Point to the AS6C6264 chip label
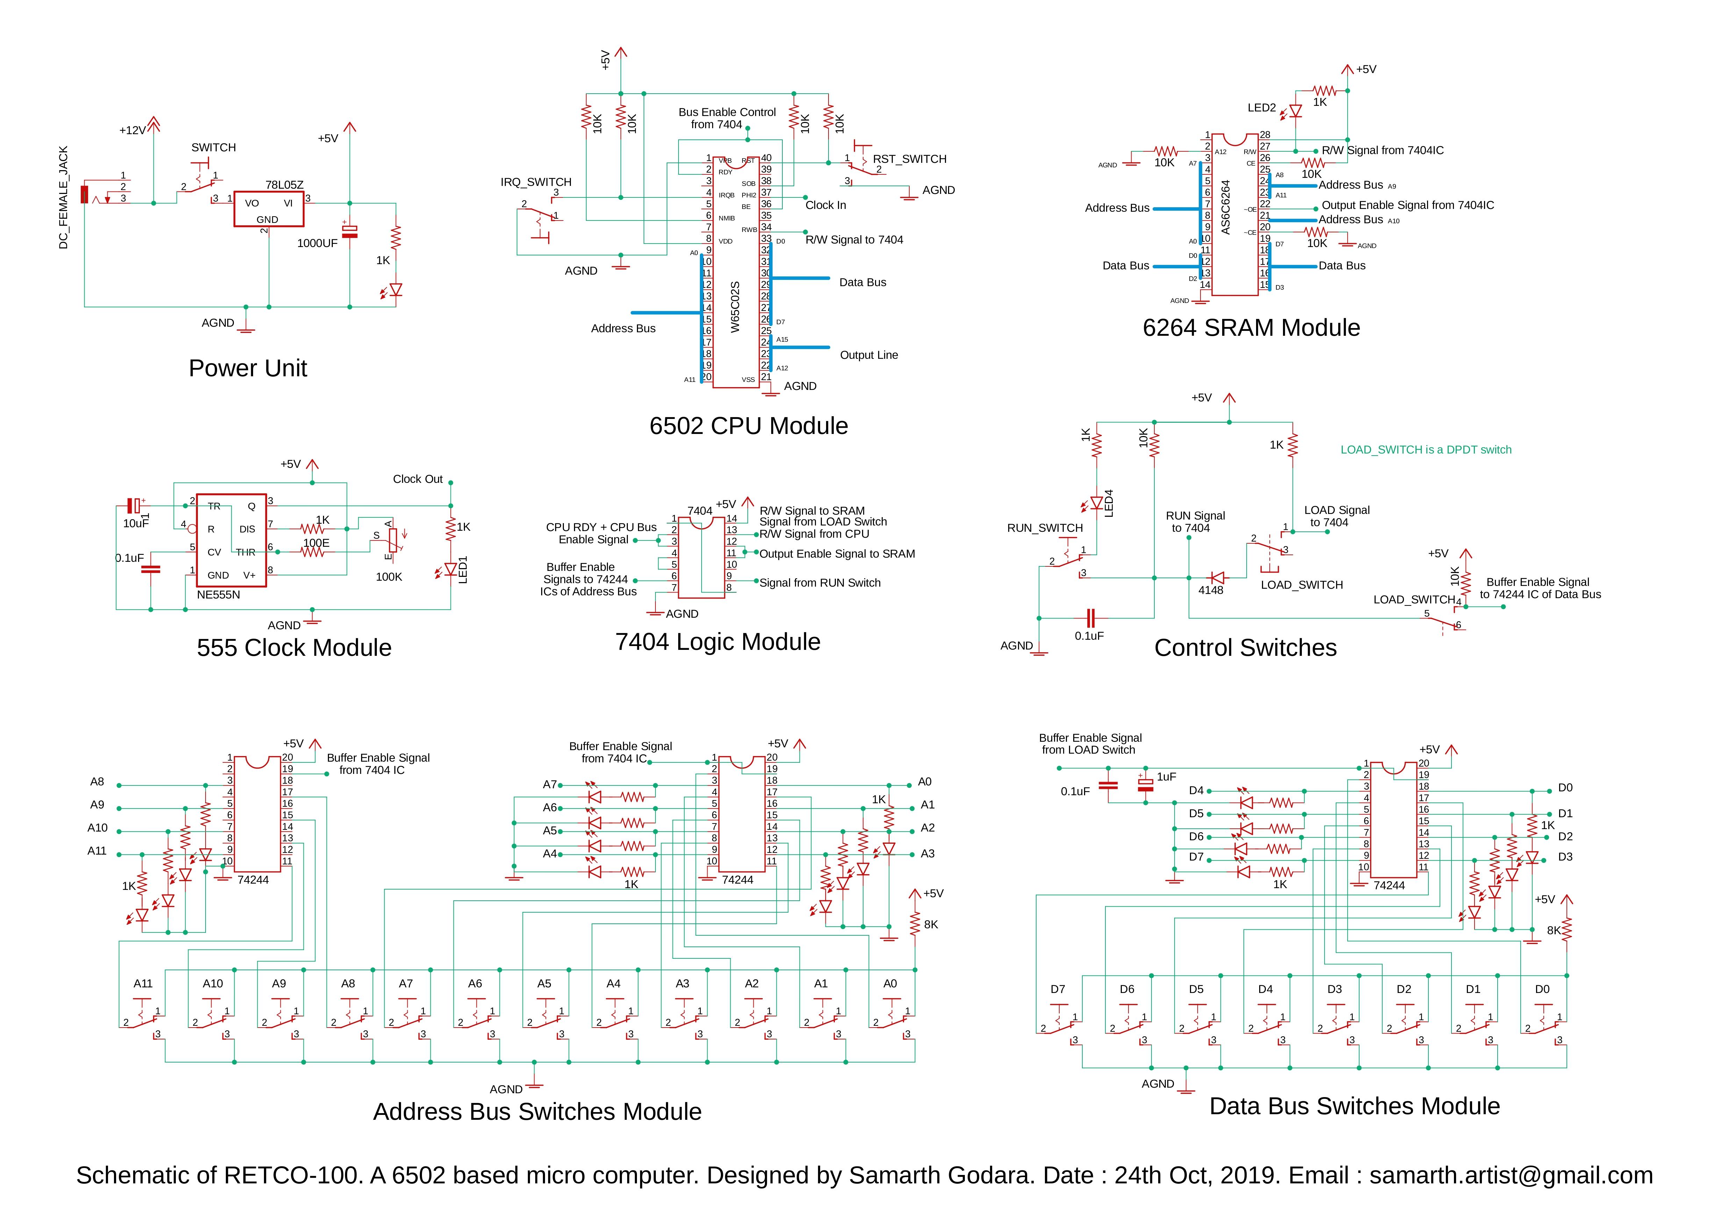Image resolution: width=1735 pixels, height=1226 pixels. (x=1226, y=206)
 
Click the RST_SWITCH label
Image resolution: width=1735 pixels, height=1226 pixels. (x=909, y=159)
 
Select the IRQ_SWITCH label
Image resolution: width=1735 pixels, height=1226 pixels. (x=536, y=182)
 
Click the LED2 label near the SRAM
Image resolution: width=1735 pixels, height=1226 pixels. (x=1261, y=108)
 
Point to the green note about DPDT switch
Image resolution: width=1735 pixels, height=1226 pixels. (x=1425, y=449)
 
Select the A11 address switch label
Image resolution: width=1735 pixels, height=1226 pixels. (x=143, y=984)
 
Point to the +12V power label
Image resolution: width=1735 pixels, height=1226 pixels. (x=132, y=131)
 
